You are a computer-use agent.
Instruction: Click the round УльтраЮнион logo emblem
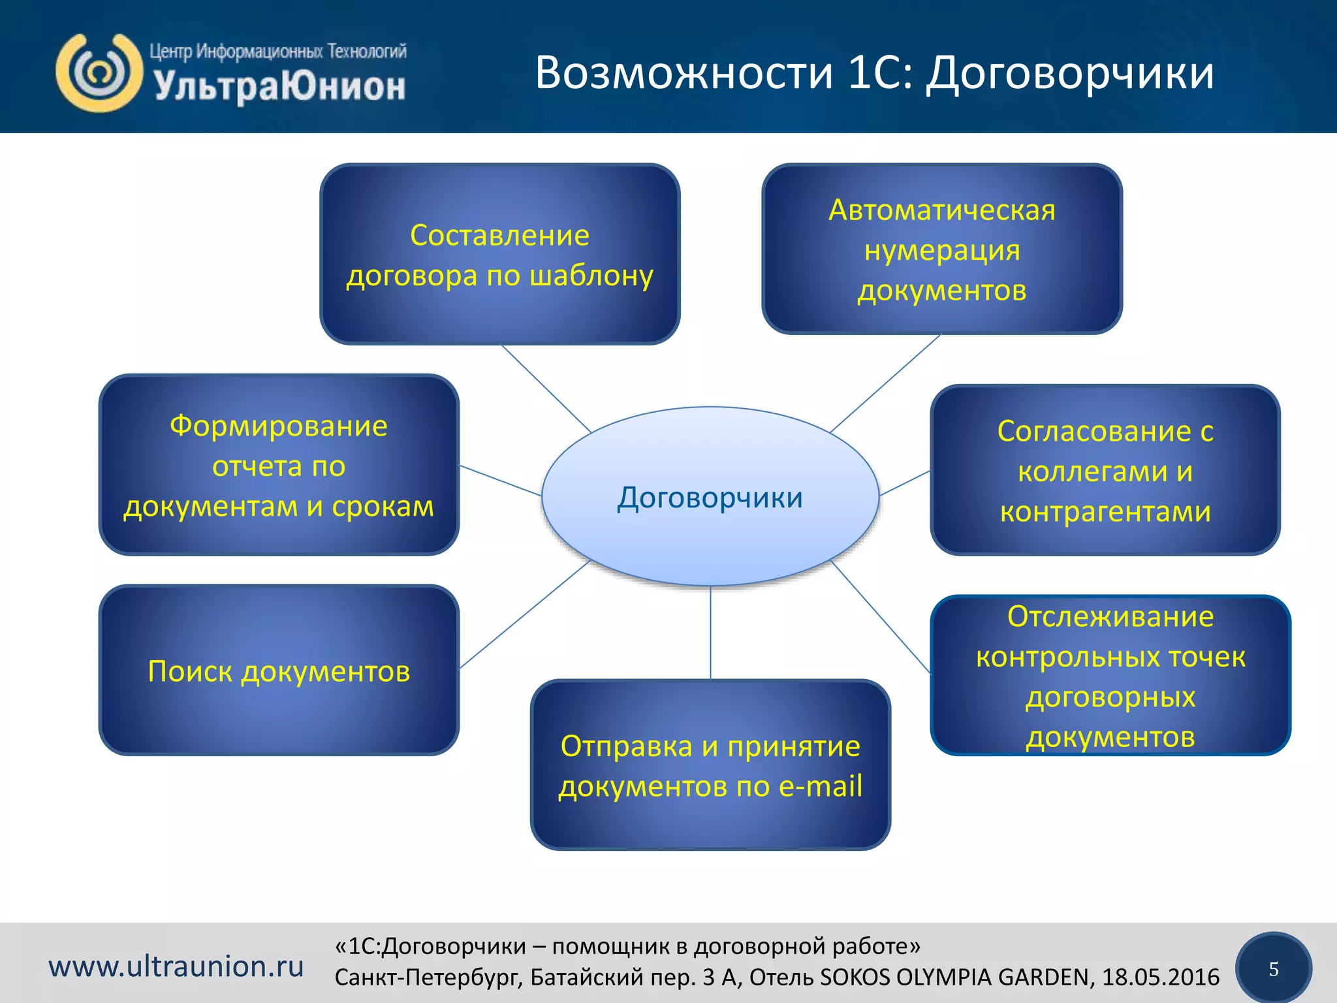coord(99,72)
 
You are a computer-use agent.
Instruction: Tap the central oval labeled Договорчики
coord(710,497)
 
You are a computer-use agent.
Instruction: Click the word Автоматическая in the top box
coord(941,210)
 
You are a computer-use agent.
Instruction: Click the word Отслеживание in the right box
coord(1110,616)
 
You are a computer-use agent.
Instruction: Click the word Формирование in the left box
coord(279,426)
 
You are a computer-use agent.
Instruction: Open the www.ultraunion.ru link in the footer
coord(176,966)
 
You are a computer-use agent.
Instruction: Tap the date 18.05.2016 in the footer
coord(1160,977)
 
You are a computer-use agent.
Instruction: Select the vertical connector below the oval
coord(710,633)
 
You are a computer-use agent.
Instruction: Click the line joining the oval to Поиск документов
coord(526,614)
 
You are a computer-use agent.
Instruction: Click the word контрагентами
coord(1105,511)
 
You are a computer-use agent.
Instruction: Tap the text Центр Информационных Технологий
coord(277,51)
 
